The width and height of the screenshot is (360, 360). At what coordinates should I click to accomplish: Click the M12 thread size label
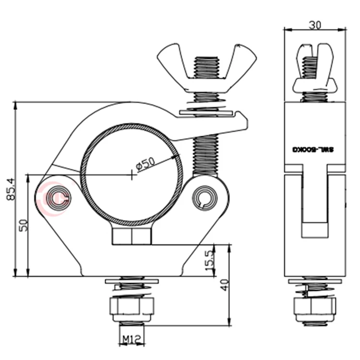coord(131,340)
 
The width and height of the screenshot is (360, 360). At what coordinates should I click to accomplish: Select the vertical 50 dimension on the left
coord(23,224)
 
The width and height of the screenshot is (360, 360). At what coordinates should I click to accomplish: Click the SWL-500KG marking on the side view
coord(315,149)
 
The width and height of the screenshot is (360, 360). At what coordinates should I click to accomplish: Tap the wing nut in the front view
coord(206,67)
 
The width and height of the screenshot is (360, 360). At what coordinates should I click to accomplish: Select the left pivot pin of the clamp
coord(58,197)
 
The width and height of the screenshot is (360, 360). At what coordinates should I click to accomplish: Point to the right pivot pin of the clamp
coord(205,197)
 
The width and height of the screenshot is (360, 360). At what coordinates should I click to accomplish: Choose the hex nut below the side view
coord(315,307)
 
